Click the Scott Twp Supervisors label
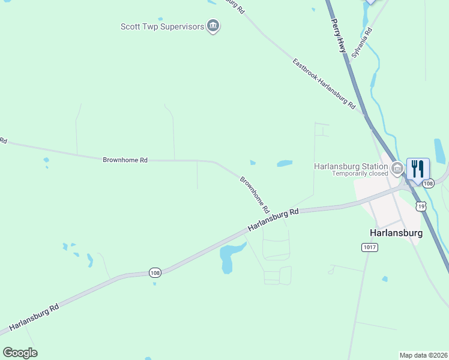[x=162, y=26]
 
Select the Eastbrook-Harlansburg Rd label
[x=324, y=83]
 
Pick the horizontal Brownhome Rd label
[x=125, y=160]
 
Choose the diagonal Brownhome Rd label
[x=255, y=196]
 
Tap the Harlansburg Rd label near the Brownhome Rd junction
[x=273, y=220]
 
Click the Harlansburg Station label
[x=351, y=166]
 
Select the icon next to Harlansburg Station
[x=396, y=167]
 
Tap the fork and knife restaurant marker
[x=418, y=169]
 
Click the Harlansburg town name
[x=396, y=233]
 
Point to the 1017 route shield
[x=369, y=247]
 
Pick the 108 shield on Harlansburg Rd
[x=155, y=273]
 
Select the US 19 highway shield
[x=421, y=206]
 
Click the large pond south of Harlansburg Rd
[x=229, y=256]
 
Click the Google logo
[x=20, y=352]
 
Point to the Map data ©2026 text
[x=423, y=355]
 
